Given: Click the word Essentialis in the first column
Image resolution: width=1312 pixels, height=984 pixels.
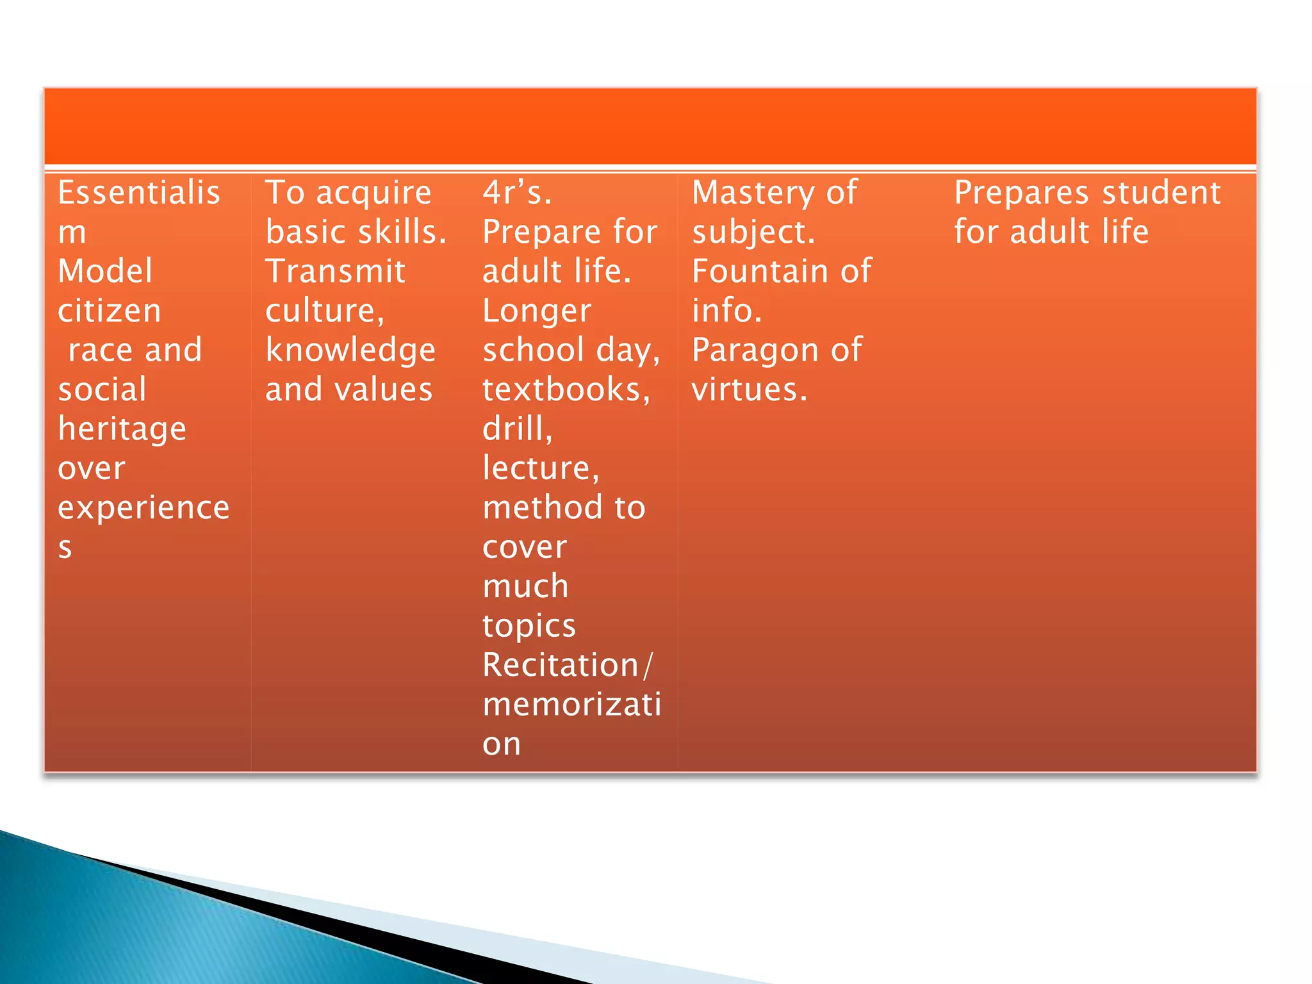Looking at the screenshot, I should point(138,193).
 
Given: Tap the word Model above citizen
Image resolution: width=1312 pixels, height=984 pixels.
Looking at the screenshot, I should point(105,272).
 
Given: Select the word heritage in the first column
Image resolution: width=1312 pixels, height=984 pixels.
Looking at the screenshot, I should point(122,429).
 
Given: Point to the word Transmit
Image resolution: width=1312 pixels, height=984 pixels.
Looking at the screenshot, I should point(335,272).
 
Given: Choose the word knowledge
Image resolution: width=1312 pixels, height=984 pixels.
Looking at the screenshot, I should point(350,351).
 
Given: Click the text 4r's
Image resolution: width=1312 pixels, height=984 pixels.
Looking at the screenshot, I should point(516,193).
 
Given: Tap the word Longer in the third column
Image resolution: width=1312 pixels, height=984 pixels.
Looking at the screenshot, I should point(536,312).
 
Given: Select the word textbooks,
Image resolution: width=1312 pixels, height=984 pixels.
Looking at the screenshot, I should point(566,390).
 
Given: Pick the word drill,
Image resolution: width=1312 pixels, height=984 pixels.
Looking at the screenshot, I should point(517,429).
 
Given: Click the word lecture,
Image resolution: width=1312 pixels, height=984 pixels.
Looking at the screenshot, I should point(541,468).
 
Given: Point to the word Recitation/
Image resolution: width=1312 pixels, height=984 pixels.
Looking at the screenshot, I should point(567,665).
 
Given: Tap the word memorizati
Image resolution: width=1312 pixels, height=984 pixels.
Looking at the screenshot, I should point(571,705).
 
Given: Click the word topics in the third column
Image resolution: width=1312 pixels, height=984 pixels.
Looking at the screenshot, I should point(529,627).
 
